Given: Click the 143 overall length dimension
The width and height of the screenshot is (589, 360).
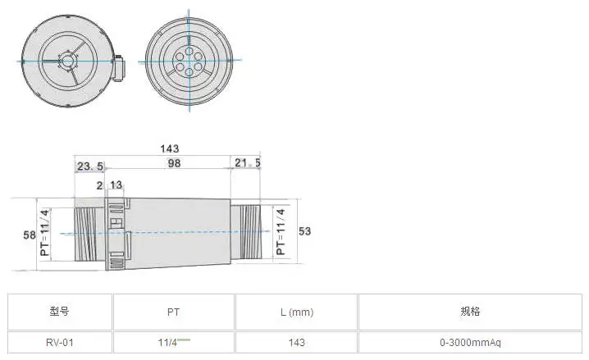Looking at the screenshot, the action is click(170, 148).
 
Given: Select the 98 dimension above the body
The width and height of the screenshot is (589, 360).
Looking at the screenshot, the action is click(174, 163).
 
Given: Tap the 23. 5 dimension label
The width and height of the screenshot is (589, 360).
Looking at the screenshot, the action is click(90, 166).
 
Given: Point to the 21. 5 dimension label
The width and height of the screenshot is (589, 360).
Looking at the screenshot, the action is click(248, 163).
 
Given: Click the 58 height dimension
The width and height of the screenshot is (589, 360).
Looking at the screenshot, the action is click(30, 235).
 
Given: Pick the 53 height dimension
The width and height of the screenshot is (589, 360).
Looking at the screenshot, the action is click(304, 231).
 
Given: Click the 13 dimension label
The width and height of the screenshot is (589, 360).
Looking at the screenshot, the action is click(116, 185).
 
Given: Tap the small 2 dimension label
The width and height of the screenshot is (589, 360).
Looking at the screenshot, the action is click(99, 185).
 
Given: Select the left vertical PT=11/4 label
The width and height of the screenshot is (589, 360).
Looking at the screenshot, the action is click(44, 233).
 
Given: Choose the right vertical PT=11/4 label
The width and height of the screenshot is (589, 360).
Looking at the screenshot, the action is click(281, 231).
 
